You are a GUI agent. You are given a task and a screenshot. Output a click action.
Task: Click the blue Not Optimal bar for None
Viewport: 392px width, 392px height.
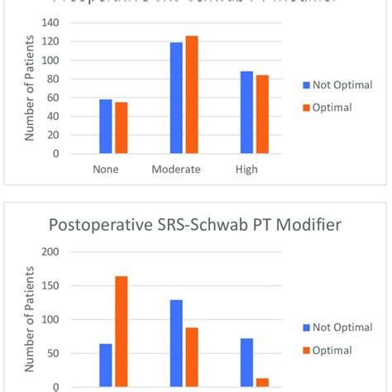point(105,127)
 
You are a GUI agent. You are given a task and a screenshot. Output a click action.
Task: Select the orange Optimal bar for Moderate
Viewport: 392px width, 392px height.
point(192,95)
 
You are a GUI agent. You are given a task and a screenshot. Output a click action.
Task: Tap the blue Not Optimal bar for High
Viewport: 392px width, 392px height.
point(246,112)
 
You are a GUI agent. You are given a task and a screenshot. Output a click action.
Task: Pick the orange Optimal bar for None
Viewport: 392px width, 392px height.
point(122,128)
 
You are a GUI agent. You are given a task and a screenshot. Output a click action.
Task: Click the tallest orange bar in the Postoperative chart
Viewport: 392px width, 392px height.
point(122,331)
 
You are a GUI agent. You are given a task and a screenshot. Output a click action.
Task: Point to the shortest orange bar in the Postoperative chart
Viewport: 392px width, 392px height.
point(262,382)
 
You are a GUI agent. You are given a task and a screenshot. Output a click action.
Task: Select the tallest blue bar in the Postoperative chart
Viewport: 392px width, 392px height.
point(176,343)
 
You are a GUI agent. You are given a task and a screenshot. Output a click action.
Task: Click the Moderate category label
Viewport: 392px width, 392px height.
point(184,170)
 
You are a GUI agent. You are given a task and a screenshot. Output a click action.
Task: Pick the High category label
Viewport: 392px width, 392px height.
point(246,170)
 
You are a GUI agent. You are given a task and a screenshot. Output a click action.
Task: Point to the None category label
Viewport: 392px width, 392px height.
point(107,170)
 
